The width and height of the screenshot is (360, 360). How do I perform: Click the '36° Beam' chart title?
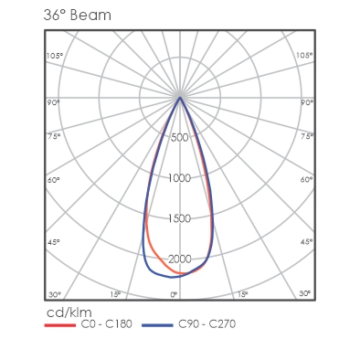[x=78, y=16]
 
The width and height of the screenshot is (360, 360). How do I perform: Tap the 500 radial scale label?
[x=180, y=137]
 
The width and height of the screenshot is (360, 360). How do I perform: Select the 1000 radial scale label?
[x=179, y=178]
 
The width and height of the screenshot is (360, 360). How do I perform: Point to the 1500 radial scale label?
[x=179, y=218]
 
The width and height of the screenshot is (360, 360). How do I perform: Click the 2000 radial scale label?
[x=180, y=259]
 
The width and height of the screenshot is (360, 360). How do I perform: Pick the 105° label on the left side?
[x=55, y=56]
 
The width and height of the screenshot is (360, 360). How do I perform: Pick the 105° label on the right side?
[x=304, y=55]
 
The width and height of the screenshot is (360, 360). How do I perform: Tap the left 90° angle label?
[x=53, y=102]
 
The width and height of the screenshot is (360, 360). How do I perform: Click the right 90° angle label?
[x=307, y=102]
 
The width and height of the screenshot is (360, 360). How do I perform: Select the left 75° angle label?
[x=54, y=136]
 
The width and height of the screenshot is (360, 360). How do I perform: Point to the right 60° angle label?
[x=306, y=180]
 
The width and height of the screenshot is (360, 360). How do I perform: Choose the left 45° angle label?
[x=54, y=242]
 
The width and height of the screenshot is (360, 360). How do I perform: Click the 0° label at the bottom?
[x=174, y=294]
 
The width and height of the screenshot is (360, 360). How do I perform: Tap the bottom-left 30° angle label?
[x=55, y=295]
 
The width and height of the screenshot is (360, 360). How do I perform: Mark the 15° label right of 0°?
[x=243, y=294]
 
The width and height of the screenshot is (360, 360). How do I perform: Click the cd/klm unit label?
[x=69, y=312]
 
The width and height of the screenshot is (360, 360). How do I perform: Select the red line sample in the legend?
[x=60, y=325]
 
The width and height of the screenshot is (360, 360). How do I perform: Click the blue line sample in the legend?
[x=157, y=325]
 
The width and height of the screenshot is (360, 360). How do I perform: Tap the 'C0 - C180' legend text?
[x=106, y=324]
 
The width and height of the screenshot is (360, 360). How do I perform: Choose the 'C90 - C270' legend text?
[x=206, y=324]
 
